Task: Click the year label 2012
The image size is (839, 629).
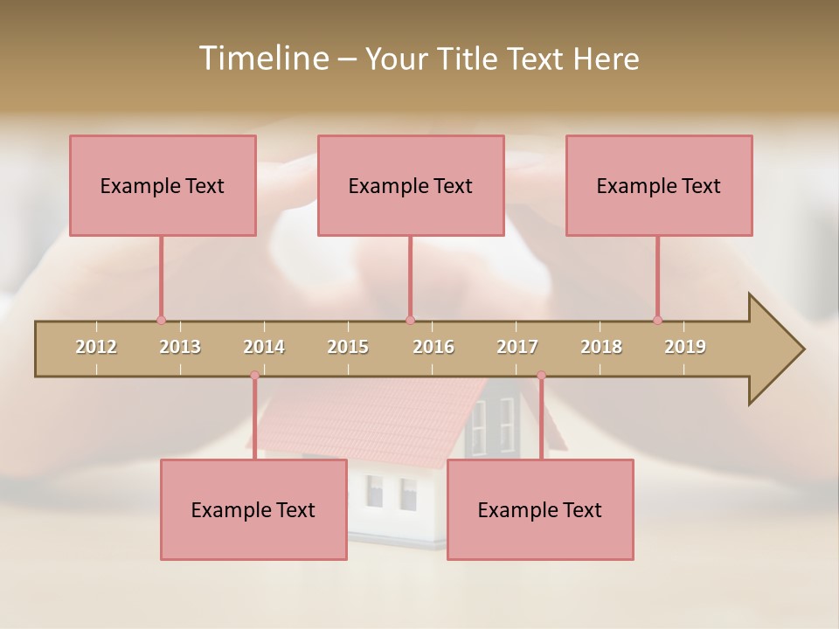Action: tap(96, 347)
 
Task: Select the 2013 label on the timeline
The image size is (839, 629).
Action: tap(180, 347)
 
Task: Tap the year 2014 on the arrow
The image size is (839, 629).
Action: tap(264, 347)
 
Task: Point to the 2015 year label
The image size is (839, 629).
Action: tap(348, 347)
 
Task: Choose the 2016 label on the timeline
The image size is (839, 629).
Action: tap(433, 347)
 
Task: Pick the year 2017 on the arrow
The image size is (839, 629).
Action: tap(517, 347)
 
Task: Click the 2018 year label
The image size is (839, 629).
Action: tap(601, 347)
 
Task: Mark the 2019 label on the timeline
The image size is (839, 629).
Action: tap(685, 347)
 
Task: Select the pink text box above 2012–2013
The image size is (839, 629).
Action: tap(163, 185)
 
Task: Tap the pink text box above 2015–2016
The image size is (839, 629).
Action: tap(411, 185)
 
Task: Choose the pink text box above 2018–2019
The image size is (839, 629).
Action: tap(659, 185)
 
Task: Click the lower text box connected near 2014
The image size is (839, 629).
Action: tap(253, 509)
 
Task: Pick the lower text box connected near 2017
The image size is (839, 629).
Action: tap(540, 509)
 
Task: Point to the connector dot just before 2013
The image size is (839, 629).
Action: tap(161, 320)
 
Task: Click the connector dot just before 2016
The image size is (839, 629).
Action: tap(410, 320)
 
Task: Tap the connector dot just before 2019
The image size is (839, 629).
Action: tap(657, 320)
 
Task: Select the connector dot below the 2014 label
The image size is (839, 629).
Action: tap(254, 376)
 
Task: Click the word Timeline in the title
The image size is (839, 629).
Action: tap(262, 59)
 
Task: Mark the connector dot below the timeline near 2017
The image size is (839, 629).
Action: tap(541, 376)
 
